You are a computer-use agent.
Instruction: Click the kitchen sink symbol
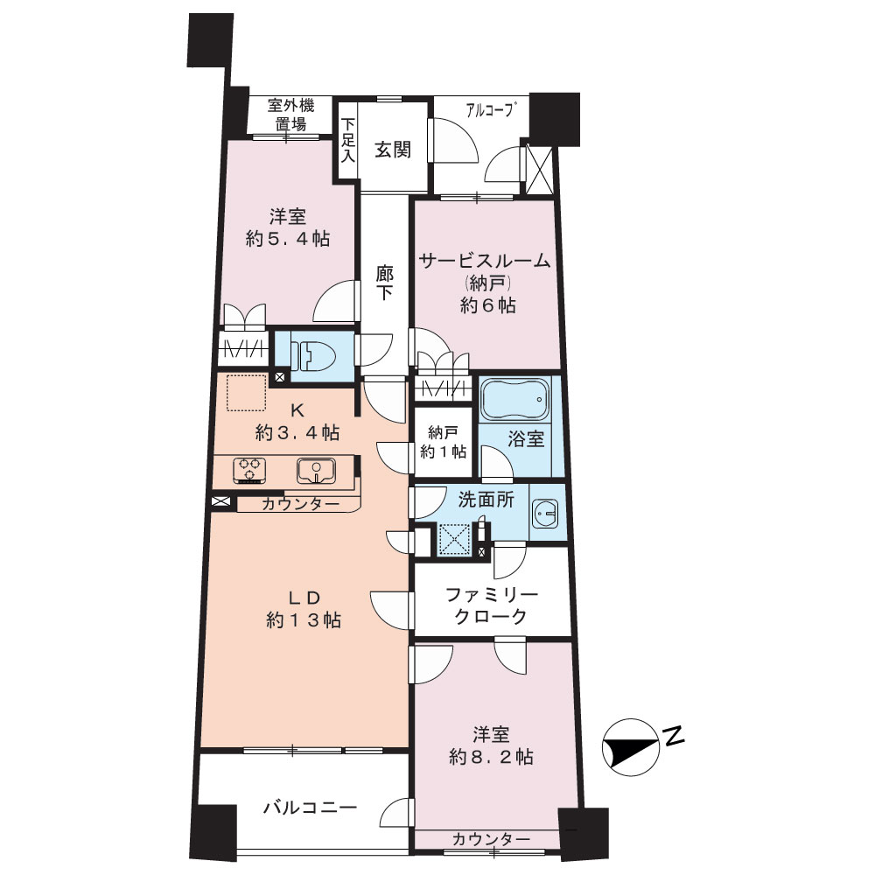click(316, 472)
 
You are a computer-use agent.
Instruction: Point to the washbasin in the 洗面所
click(545, 512)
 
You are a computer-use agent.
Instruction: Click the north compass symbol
click(631, 746)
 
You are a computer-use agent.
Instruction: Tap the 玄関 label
click(393, 150)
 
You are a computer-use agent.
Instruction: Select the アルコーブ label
click(489, 110)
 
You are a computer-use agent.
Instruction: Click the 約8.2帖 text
click(491, 757)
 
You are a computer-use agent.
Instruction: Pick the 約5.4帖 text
click(288, 239)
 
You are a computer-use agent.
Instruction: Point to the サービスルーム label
click(485, 261)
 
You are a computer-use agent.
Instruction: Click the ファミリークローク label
click(491, 605)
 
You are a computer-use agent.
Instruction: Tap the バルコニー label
click(311, 808)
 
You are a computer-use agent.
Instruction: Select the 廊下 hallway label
click(384, 283)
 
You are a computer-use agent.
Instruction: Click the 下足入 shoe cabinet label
click(348, 139)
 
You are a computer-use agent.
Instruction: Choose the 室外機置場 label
click(290, 115)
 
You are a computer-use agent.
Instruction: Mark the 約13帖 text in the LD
click(304, 620)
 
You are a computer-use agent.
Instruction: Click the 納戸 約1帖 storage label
click(443, 442)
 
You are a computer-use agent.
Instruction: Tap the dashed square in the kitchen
click(246, 393)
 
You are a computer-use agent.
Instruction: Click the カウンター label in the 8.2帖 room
click(491, 839)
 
